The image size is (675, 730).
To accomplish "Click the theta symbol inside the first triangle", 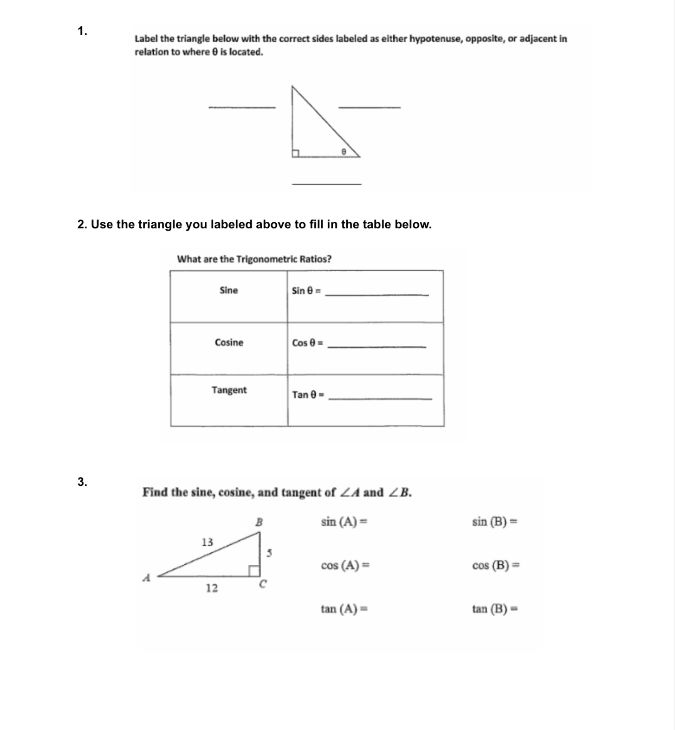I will point(344,151).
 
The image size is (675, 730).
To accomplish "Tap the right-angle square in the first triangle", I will point(295,154).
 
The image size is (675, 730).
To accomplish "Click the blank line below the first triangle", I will point(326,184).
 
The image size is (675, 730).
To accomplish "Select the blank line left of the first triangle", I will point(242,107).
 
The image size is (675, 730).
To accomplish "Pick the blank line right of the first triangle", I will point(370,107).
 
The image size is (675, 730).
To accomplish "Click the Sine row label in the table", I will point(228,291).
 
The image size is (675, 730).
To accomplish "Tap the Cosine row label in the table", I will point(229,342).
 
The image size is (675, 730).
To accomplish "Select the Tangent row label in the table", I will point(229,390).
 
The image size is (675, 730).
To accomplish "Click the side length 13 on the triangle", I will point(207,542).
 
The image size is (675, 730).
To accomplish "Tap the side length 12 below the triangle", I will point(212,588).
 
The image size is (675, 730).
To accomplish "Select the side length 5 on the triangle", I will point(269,553).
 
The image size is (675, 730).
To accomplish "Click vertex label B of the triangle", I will point(259,522).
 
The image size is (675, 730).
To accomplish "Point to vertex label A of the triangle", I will point(146,578).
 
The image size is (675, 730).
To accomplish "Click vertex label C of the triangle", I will point(262,584).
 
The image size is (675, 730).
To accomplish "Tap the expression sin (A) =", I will point(344,522).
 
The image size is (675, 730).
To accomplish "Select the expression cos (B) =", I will point(495,565).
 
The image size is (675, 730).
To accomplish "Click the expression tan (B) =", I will point(495,608).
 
